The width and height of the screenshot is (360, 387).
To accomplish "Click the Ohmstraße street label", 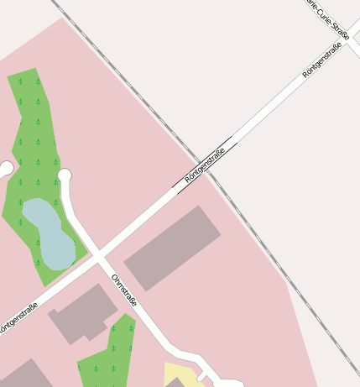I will (x=123, y=290).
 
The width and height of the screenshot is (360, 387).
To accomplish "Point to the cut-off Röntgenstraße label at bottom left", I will (x=18, y=316).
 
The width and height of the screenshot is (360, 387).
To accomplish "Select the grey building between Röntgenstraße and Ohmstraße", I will (x=83, y=312).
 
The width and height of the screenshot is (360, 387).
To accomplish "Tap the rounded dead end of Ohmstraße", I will (x=65, y=175).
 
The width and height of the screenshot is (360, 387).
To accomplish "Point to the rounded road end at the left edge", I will (x=5, y=169).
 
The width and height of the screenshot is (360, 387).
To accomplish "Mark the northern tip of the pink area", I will (x=63, y=19).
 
